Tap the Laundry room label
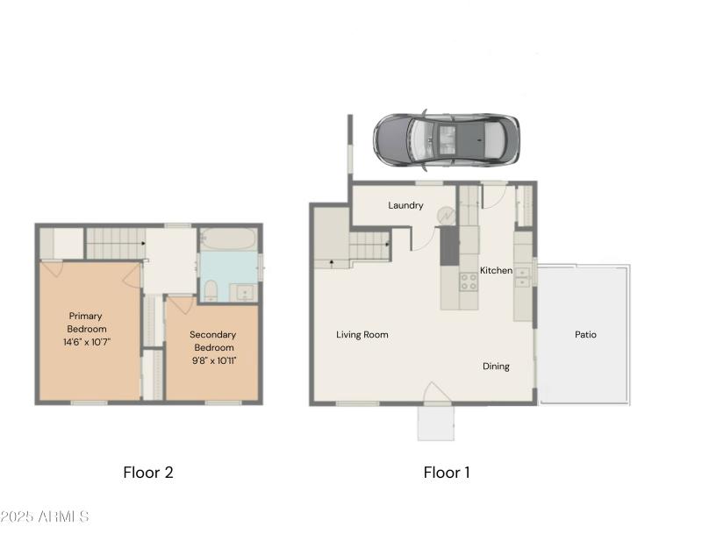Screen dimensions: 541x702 coord(405,205)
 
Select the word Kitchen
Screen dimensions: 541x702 coord(496,270)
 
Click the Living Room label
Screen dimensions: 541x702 coord(362,334)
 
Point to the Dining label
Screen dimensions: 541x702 coord(496,366)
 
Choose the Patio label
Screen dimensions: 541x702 coord(585,334)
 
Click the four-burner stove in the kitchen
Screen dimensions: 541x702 coord(469,281)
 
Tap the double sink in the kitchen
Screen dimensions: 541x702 coord(523,276)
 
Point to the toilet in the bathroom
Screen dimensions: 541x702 coord(211,289)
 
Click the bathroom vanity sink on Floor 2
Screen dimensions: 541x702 coord(243,291)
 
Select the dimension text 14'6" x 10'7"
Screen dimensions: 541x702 coord(86,341)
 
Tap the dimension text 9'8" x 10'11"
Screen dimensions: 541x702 coord(212,359)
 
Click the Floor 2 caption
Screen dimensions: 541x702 coord(147,473)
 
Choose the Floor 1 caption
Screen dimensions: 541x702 coord(447,473)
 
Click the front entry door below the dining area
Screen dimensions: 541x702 coord(435,393)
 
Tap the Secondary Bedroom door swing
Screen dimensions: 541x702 coord(180,307)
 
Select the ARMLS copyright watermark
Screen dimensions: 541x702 coord(45,516)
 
